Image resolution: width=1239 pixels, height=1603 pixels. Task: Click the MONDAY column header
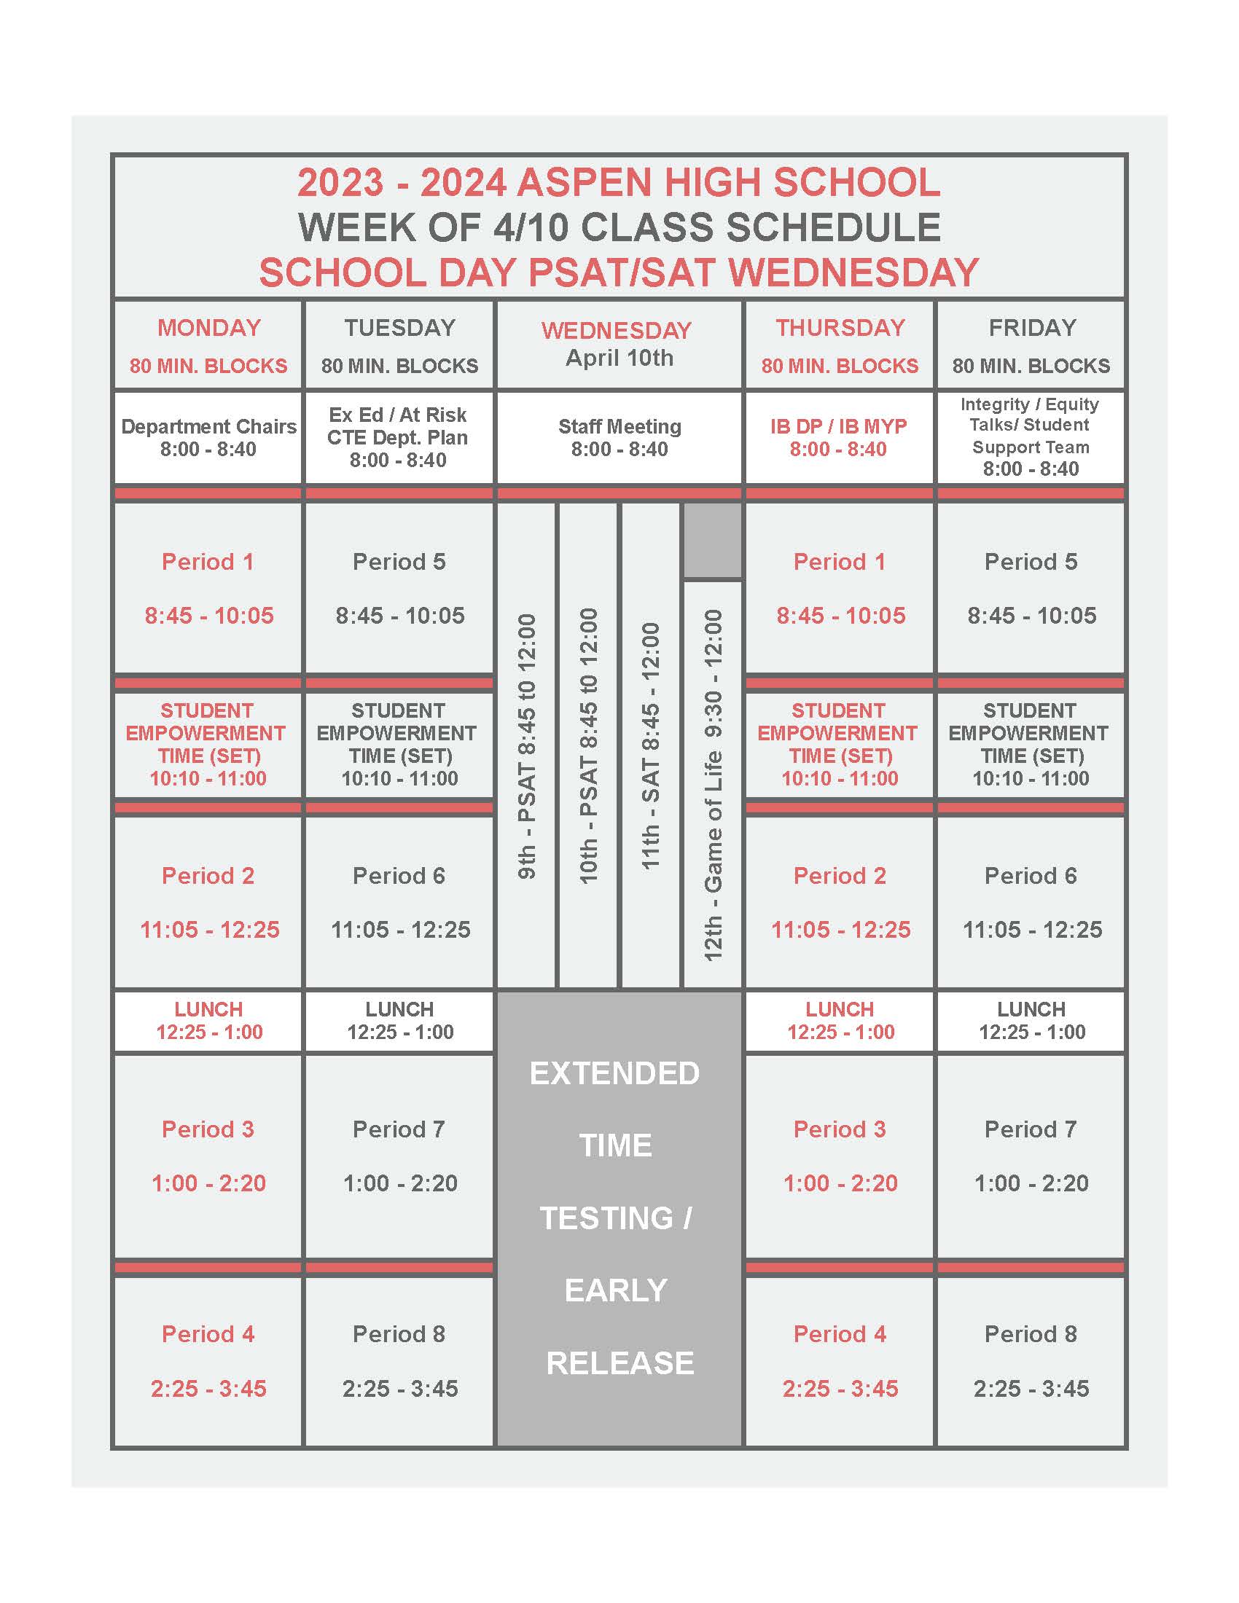tap(209, 327)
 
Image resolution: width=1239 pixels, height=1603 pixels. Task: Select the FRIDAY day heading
tap(1032, 327)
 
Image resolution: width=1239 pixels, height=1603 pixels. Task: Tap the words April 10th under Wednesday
tap(619, 358)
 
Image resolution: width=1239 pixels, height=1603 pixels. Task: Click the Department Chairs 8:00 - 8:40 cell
tap(208, 437)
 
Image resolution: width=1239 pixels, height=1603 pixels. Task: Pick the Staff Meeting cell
tap(619, 437)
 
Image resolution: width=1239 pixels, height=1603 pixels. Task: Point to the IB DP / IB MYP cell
tap(838, 437)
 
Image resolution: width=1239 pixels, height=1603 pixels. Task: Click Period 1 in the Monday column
tap(208, 563)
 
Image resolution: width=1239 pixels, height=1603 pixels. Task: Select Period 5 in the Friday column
tap(1031, 563)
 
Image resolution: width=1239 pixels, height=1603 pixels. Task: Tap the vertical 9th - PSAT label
tap(527, 745)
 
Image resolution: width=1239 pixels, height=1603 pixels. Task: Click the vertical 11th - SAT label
tap(651, 745)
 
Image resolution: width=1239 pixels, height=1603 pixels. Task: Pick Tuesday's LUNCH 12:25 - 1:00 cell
tap(400, 1020)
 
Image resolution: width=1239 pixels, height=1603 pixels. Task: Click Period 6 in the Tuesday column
tap(399, 876)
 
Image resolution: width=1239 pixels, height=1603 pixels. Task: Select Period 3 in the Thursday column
tap(840, 1129)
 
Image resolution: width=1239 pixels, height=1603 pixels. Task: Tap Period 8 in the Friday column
tap(1031, 1333)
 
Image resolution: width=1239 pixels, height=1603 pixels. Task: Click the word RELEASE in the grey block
tap(619, 1363)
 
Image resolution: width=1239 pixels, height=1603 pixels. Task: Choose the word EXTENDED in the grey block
tap(615, 1074)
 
